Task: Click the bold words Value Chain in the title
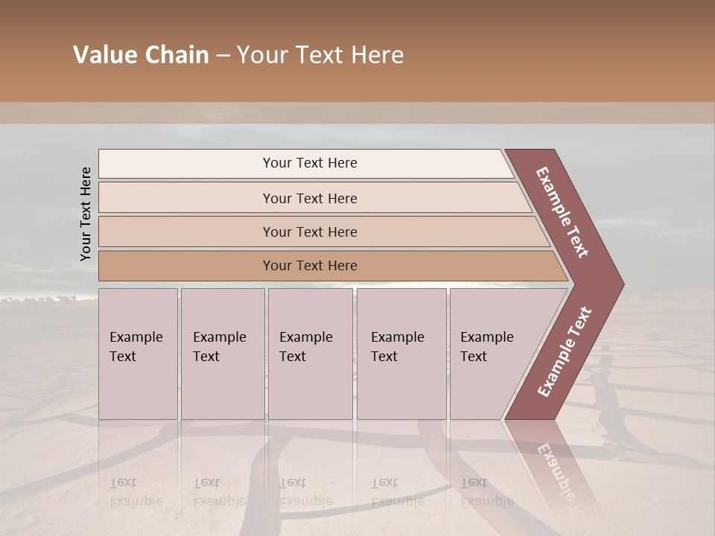click(141, 55)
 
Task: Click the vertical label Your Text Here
click(86, 214)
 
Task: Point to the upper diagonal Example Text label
click(562, 212)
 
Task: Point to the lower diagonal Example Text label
click(565, 352)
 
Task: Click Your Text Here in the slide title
click(320, 55)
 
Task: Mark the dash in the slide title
click(223, 55)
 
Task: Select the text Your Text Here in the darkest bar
click(310, 266)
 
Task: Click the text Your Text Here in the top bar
click(310, 163)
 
